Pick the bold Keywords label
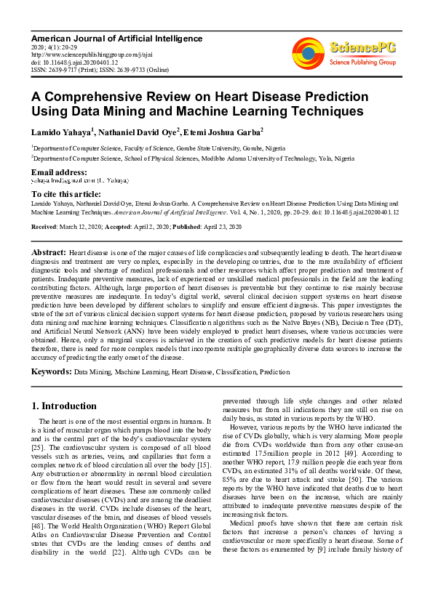point(51,371)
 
